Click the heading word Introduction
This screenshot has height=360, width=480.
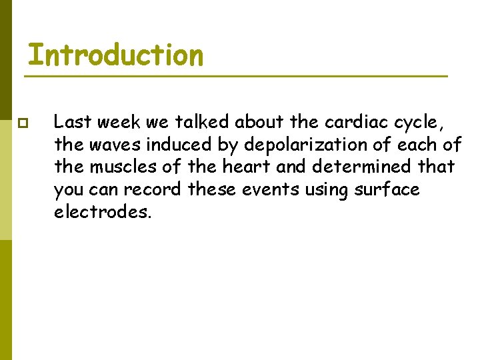pyautogui.click(x=115, y=55)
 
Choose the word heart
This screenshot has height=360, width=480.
pyautogui.click(x=260, y=167)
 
